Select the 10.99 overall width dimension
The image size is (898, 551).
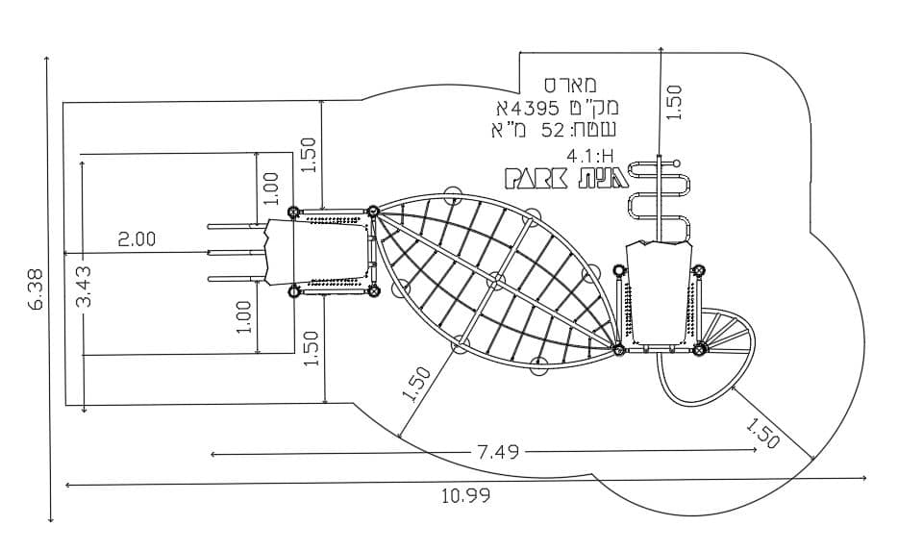tap(465, 495)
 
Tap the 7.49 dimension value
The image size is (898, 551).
tap(498, 452)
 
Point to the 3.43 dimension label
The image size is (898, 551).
tap(84, 286)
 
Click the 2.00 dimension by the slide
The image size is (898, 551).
tap(137, 238)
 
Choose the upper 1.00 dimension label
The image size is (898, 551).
tap(270, 188)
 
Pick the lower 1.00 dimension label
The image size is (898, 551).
tap(243, 317)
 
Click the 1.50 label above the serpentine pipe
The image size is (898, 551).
tap(675, 103)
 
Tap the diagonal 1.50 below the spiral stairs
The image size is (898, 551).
tap(762, 433)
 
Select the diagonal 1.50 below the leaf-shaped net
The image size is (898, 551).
tap(416, 384)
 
